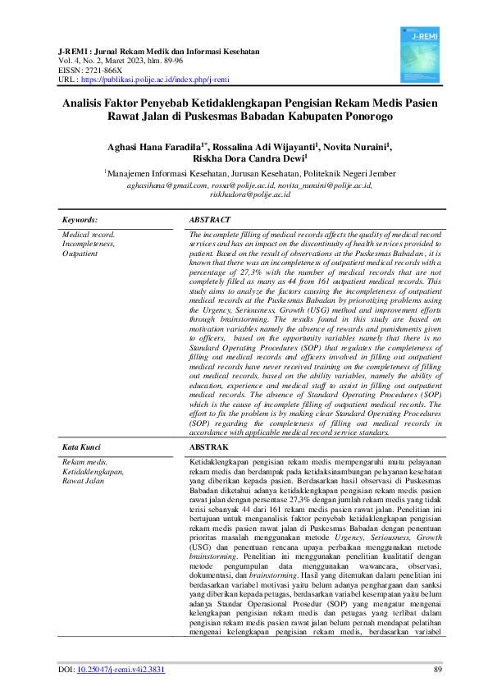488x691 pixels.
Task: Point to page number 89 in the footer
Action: (437, 670)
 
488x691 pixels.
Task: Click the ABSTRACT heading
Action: (210, 220)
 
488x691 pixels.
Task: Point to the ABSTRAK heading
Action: (209, 446)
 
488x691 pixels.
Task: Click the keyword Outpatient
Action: (80, 254)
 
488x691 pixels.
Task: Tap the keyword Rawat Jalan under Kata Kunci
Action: (83, 481)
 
